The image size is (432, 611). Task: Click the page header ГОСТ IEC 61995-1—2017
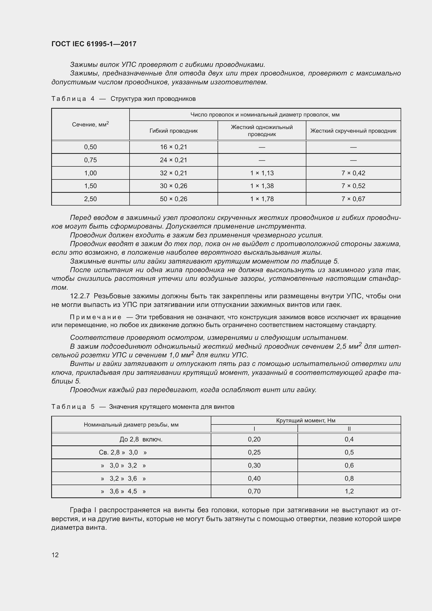coord(94,44)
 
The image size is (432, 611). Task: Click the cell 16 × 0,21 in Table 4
coord(173,147)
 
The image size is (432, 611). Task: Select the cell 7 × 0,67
coord(353,199)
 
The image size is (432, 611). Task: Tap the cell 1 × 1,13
coord(262,173)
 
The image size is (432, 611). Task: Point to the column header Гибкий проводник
coord(173,131)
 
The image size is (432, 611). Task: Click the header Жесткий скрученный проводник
coord(353,131)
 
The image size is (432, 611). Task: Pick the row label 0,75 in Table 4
coord(90,160)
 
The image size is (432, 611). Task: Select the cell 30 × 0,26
coord(173,186)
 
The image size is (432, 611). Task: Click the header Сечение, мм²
coord(90,124)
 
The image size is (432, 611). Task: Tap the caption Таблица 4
coord(73,99)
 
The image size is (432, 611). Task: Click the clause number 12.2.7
coord(80,296)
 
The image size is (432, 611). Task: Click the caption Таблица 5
coord(73,407)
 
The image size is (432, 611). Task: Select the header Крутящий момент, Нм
coord(305,421)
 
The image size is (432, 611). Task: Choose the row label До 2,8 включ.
coord(141,439)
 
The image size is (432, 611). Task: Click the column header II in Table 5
coord(349,429)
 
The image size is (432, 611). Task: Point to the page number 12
coord(55,555)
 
